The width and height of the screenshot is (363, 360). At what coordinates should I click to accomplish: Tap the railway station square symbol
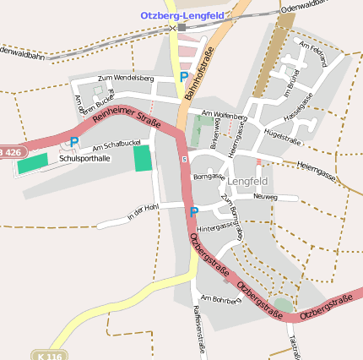181,27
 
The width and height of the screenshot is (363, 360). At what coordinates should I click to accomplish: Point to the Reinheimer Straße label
127,113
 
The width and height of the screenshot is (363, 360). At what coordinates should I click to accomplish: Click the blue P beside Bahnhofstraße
184,78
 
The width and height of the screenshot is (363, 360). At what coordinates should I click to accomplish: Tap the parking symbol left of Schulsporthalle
74,143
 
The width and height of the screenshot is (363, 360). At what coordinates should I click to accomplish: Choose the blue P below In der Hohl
193,211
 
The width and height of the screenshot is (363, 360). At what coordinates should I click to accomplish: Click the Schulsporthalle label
84,158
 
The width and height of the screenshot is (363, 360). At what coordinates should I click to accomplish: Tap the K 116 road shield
51,356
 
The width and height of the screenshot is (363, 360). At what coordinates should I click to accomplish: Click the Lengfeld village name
247,181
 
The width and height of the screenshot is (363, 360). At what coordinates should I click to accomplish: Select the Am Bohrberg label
222,298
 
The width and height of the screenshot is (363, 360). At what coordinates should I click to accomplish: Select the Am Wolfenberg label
225,114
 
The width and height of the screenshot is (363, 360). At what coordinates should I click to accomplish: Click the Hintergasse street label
217,226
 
